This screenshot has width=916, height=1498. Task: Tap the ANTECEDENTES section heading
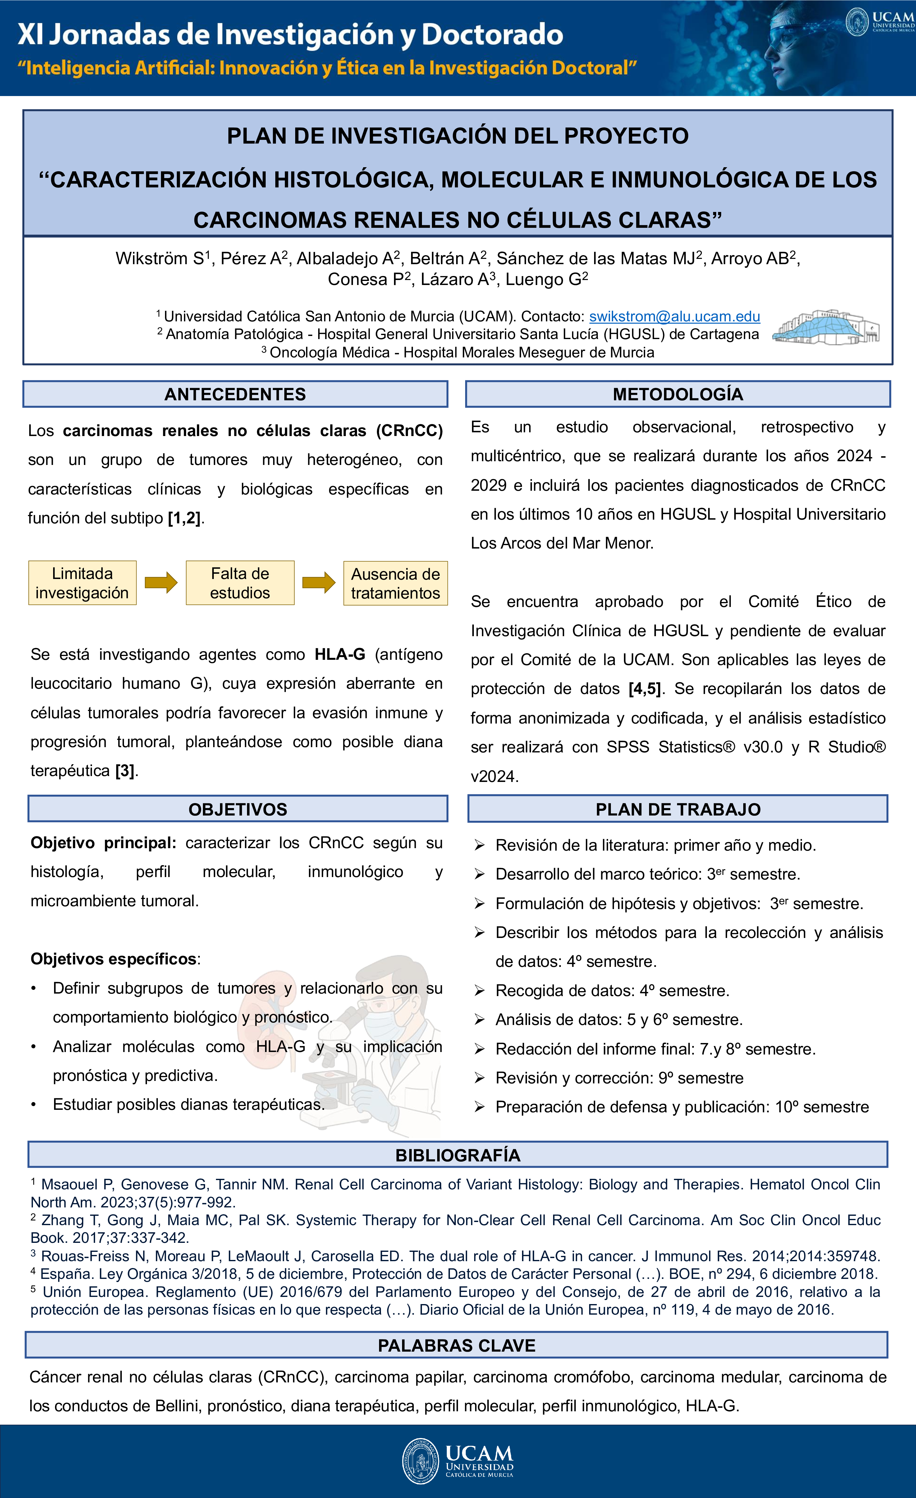(x=235, y=394)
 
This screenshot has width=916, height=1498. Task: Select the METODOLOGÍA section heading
(x=678, y=394)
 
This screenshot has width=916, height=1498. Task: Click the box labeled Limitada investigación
(x=82, y=583)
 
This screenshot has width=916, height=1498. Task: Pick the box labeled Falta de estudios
(x=240, y=583)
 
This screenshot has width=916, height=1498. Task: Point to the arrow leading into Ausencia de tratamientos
(x=318, y=582)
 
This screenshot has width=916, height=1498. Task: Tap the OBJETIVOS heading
(x=238, y=809)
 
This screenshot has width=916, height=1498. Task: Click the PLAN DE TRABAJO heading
(x=678, y=809)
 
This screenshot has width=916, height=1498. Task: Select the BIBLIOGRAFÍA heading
(x=458, y=1155)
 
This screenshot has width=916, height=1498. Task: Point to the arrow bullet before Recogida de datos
(x=479, y=991)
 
